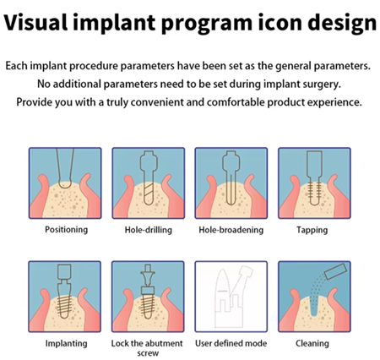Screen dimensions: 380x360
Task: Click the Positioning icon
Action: pos(65,183)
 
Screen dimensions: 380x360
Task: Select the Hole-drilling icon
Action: pos(149,183)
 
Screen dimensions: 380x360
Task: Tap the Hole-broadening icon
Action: pos(231,183)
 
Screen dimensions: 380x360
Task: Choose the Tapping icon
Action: pos(314,183)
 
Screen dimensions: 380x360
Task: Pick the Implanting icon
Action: pos(64,297)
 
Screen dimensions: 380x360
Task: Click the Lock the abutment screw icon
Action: pos(148,297)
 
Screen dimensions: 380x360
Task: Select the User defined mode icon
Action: pos(231,297)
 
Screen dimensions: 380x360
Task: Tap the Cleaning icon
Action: pos(314,297)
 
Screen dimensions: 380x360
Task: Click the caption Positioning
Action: pos(67,230)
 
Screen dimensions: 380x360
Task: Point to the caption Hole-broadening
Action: pos(231,230)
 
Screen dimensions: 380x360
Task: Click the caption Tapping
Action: pos(312,230)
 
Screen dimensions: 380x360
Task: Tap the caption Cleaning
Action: pos(312,343)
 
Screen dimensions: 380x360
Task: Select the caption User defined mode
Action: pos(231,343)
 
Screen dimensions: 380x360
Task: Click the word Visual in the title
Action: pos(36,22)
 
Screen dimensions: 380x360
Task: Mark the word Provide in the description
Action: pos(34,102)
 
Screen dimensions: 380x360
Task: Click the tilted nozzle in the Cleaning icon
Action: pos(335,271)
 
